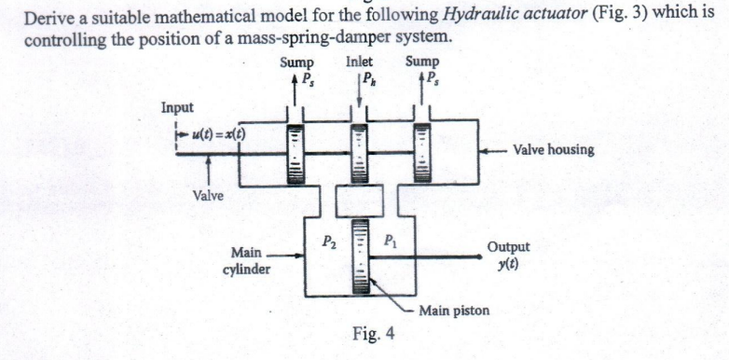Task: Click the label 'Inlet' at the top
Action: [x=359, y=63]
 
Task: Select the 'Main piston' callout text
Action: [x=454, y=310]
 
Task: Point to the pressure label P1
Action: [x=391, y=242]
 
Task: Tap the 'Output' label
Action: [x=508, y=247]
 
